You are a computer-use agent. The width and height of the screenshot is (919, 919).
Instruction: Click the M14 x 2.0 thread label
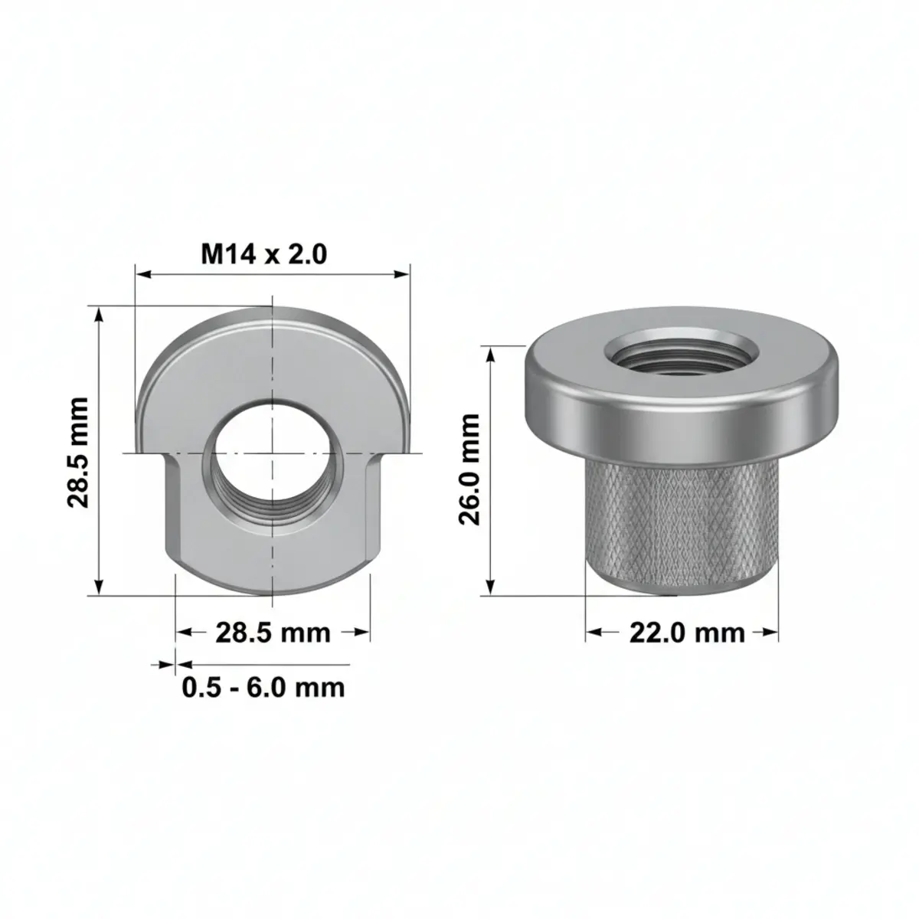(x=263, y=254)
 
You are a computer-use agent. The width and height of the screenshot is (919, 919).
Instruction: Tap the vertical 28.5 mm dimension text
(x=78, y=452)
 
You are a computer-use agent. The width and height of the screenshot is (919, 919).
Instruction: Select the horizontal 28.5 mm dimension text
(x=273, y=633)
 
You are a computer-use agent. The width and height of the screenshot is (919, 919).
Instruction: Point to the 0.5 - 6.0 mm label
(x=263, y=687)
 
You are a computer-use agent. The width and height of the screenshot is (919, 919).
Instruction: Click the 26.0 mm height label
(x=469, y=469)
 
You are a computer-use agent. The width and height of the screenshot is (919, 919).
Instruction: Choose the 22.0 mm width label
(x=687, y=633)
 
